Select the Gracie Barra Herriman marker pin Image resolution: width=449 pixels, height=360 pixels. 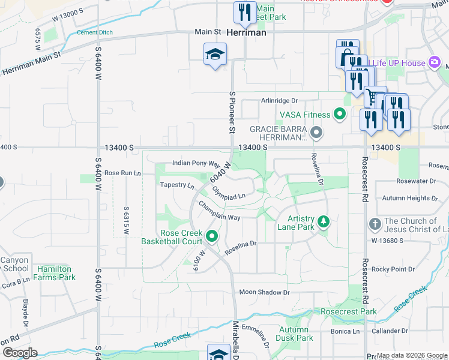pos(317,131)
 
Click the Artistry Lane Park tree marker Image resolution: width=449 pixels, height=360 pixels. pos(324,223)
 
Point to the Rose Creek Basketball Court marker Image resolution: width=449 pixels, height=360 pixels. pos(211,237)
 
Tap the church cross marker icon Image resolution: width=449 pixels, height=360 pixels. pos(375,224)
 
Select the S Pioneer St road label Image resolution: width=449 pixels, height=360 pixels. pos(232,112)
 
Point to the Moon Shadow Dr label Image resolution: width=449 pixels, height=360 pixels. pos(264,292)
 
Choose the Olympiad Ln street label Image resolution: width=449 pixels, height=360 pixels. pos(229,193)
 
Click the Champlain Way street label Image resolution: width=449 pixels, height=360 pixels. pos(220,212)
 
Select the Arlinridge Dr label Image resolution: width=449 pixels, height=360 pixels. pos(279,101)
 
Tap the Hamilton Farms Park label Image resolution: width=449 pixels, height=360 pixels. pos(54,274)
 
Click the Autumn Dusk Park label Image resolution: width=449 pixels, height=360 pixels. pos(295,334)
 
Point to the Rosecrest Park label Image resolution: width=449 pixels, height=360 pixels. pos(349,311)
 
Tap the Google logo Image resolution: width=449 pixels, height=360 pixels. pos(19,353)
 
